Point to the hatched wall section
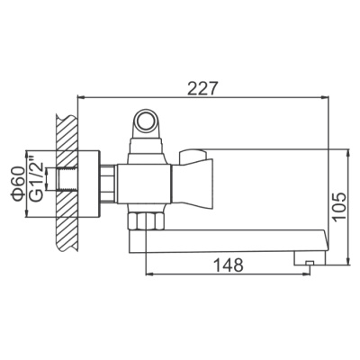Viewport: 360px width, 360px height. click(x=66, y=180)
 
